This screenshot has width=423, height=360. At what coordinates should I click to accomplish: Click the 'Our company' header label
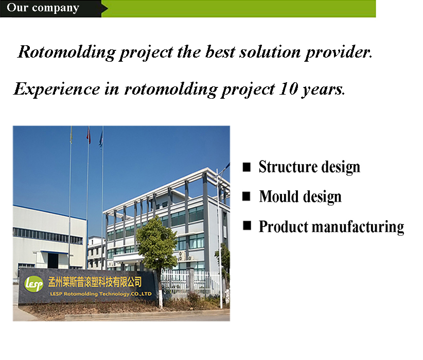coord(43,8)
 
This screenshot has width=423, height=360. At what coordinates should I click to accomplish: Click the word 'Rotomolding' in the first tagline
coord(66,52)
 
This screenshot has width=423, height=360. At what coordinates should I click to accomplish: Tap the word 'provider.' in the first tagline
coord(339,52)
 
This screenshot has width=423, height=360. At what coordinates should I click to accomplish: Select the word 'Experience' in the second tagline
coord(57,89)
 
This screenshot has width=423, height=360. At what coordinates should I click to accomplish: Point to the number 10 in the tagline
coord(288,88)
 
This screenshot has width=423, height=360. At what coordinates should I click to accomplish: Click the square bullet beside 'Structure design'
coord(246,167)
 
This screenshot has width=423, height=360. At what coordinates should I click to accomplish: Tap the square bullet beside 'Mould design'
coord(246,196)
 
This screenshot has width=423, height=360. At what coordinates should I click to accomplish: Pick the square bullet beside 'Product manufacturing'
coord(247,225)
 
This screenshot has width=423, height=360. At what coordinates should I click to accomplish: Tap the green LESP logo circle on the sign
coord(34,284)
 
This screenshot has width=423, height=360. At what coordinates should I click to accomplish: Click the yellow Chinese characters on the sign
coord(95,282)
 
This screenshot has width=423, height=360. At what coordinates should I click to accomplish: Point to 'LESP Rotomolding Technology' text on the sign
coord(89,294)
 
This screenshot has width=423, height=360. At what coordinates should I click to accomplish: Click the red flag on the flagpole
coord(89,136)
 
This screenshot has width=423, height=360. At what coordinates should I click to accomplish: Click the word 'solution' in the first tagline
coord(270,52)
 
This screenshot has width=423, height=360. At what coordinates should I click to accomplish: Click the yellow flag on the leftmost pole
coord(71,135)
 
